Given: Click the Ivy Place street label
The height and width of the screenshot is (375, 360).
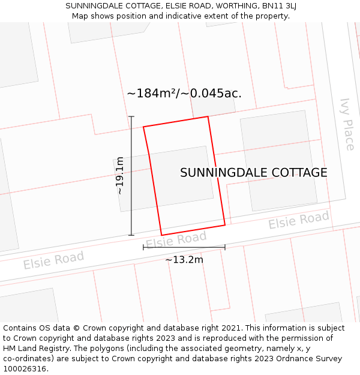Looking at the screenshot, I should point(347,124).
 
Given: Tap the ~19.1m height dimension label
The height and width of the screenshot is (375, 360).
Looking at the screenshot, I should point(119,175).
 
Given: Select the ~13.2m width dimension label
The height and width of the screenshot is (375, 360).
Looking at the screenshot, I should point(184,260).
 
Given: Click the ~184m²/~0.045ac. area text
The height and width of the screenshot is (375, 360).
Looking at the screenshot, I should point(184,94).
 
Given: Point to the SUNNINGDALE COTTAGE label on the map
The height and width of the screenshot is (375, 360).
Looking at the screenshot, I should point(254,173).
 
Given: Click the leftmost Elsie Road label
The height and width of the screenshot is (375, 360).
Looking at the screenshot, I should point(53,260).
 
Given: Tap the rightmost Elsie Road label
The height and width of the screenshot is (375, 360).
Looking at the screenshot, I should point(299,220).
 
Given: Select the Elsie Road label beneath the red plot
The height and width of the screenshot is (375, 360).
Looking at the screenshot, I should point(176,240).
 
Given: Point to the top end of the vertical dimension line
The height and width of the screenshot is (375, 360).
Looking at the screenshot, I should point(131,116).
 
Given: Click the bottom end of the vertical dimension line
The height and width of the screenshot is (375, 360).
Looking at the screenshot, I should point(131,235).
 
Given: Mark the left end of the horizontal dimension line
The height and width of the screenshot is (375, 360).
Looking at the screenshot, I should point(143,247).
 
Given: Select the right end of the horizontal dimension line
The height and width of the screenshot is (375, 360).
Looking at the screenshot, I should point(225,247).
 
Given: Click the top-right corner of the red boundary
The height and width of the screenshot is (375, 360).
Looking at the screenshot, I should point(208,116).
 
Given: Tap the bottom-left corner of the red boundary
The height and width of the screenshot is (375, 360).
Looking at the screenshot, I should point(161,235).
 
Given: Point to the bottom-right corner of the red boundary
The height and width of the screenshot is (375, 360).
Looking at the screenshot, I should point(225,225).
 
